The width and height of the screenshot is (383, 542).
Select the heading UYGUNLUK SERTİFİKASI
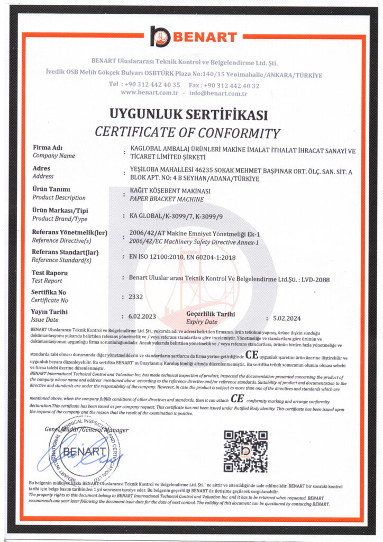pos(188,114)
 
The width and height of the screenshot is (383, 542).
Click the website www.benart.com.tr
pos(149,93)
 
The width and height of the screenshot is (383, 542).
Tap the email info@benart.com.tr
pos(218,93)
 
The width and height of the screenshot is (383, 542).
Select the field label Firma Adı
pos(48,147)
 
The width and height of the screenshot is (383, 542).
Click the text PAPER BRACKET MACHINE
pos(167,199)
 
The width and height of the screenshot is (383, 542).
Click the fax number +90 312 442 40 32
pos(231,85)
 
